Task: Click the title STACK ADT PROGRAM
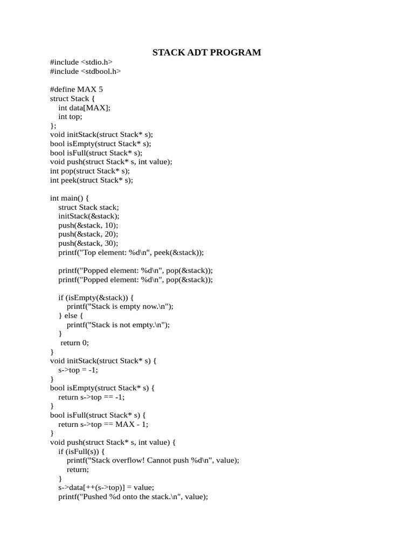206,52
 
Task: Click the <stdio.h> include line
81,62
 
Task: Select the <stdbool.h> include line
85,71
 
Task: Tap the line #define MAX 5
76,89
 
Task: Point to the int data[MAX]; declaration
84,107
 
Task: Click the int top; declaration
71,116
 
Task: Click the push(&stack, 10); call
88,225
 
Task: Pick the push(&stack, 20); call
88,234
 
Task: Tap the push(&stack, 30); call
88,243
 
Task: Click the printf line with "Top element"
131,252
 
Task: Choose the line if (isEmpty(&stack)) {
96,297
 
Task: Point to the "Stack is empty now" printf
120,306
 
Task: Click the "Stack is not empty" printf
118,325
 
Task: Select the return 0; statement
74,342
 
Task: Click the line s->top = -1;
78,370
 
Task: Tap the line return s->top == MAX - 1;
103,424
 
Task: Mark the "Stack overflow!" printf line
153,460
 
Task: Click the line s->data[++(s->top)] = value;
106,487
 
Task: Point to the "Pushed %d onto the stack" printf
133,496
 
